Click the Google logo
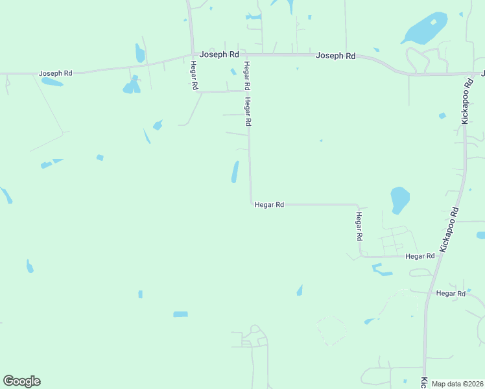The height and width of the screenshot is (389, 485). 21,381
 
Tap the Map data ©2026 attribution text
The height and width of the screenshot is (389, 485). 457,384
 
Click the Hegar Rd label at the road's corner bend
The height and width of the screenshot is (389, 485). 269,205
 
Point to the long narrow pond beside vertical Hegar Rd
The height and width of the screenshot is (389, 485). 235,172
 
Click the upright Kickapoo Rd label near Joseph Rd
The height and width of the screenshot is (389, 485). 466,99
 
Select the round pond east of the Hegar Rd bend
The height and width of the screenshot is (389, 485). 399,199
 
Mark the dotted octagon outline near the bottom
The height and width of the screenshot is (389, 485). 331,331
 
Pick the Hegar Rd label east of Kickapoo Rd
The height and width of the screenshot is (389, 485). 451,294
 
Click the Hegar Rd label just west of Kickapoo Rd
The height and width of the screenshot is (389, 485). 420,257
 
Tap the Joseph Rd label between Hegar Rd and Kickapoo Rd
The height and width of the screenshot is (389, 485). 336,56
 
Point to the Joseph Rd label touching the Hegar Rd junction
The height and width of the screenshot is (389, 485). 219,54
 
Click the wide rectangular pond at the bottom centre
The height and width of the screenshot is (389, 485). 180,314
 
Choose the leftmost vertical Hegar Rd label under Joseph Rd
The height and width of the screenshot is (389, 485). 193,75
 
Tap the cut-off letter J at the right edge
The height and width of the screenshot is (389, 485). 482,73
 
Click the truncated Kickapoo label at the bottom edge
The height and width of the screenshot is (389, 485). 424,382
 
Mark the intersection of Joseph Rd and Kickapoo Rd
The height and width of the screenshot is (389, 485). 468,73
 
